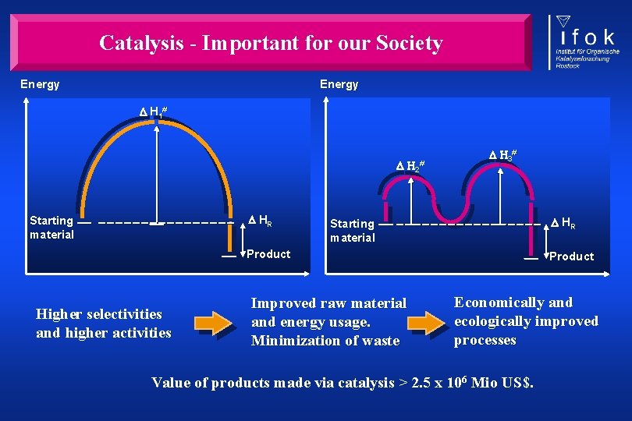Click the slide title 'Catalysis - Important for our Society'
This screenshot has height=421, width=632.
coord(270,43)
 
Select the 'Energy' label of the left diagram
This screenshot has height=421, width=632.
coord(40,84)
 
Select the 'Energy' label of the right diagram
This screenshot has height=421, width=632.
coord(339,84)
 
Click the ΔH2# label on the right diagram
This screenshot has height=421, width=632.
coord(412,166)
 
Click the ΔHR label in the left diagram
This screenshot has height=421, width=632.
coord(260,221)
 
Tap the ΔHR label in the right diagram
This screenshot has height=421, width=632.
coord(563,225)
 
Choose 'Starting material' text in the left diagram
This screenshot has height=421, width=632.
coord(51,227)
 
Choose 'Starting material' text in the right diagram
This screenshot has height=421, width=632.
coord(353,230)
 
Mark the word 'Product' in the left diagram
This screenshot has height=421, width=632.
coord(268,254)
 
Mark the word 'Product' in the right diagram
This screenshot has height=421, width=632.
coord(571,256)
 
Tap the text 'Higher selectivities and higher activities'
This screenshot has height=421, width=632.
coord(103,324)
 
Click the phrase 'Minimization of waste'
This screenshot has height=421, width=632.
coord(325,341)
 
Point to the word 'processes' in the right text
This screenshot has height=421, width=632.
coord(485,340)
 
